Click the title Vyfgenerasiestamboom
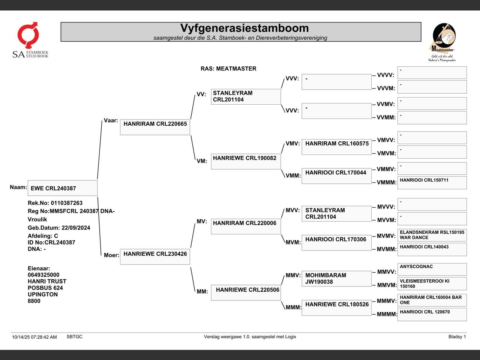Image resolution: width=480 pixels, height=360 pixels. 244,28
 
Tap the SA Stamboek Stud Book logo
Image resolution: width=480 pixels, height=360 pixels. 30,40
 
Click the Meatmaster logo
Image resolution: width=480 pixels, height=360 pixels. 442,42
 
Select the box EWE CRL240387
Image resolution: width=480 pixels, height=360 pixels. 62,188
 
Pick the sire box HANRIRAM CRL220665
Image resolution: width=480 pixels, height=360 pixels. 155,127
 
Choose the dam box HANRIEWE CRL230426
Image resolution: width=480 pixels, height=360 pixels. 155,257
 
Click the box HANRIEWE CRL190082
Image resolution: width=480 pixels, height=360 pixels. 246,161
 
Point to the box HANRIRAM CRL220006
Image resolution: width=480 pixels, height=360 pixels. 246,226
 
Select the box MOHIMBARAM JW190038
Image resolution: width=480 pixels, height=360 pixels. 336,279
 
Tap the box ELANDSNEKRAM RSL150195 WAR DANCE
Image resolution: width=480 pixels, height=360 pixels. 432,235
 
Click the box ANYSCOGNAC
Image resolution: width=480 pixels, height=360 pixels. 432,269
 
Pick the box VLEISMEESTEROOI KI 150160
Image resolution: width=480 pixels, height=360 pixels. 432,284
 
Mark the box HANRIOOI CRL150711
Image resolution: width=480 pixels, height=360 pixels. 432,183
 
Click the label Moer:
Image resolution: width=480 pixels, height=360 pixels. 111,255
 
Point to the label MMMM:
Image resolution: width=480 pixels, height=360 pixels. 387,314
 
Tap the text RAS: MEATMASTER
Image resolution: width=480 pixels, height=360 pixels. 228,69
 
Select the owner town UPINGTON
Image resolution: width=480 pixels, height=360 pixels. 43,294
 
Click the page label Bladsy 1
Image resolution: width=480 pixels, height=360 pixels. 457,337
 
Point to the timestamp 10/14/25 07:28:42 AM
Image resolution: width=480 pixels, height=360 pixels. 34,337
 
